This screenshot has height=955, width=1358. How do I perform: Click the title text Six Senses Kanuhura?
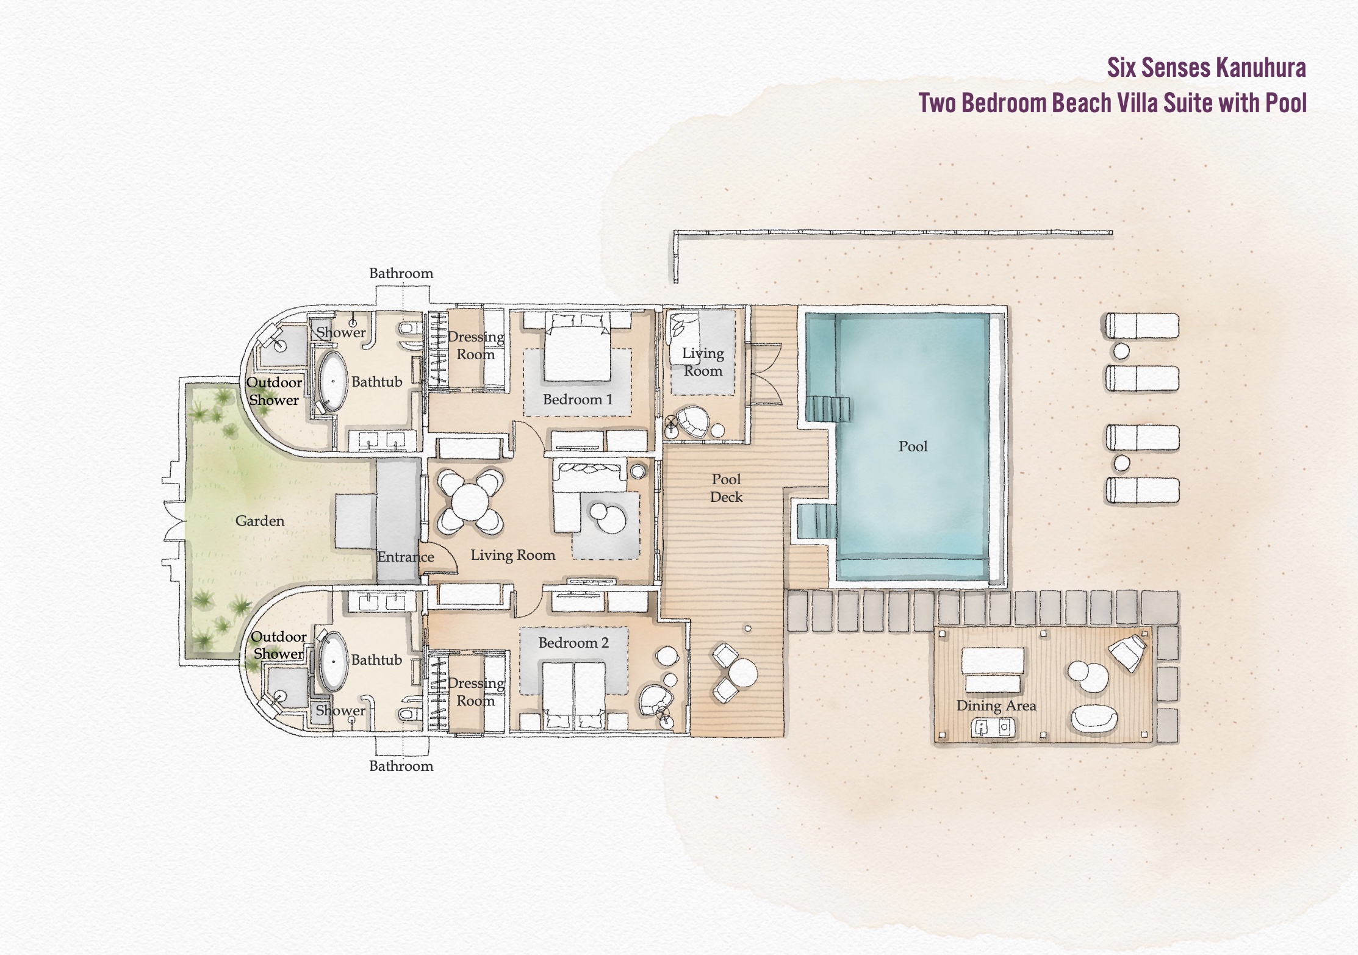(1206, 68)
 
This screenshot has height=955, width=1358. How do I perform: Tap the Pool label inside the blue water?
(913, 446)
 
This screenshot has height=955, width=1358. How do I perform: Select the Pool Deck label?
(726, 488)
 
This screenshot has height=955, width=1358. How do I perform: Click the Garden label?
(260, 521)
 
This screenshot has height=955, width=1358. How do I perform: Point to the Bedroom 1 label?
(578, 399)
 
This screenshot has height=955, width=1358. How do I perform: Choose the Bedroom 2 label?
(573, 643)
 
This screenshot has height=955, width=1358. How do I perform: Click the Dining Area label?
(996, 706)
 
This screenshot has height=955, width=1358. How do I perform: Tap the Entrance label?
(406, 557)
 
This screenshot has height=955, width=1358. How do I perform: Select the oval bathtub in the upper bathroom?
(332, 381)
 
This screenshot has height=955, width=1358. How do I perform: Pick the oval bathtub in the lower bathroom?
(333, 661)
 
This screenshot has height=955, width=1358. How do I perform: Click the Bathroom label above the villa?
(401, 273)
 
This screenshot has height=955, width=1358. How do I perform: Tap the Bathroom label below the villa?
(401, 766)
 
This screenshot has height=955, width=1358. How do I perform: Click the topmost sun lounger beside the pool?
(1142, 326)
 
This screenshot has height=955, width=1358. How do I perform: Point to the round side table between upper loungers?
(1121, 351)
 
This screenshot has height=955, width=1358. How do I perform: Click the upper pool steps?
(828, 409)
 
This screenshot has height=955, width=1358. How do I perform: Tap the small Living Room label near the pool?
(703, 362)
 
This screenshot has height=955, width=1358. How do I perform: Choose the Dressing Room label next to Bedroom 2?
(476, 692)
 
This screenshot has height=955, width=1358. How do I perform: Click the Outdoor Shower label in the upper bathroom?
(274, 391)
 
